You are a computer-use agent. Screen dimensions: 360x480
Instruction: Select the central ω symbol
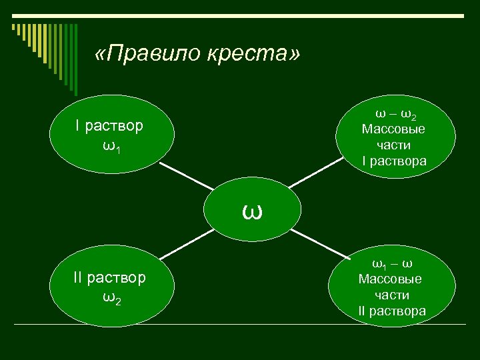tap(252, 212)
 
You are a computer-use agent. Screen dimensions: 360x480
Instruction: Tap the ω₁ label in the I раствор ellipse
tap(112, 146)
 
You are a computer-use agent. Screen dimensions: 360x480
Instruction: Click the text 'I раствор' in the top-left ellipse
tap(109, 126)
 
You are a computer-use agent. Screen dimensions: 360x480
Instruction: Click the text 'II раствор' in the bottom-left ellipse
tap(109, 277)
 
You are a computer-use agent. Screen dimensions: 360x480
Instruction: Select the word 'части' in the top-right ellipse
tap(393, 145)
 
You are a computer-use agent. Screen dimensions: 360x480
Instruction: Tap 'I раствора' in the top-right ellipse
tap(393, 161)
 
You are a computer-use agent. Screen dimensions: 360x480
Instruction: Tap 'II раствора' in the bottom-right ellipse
tap(392, 311)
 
